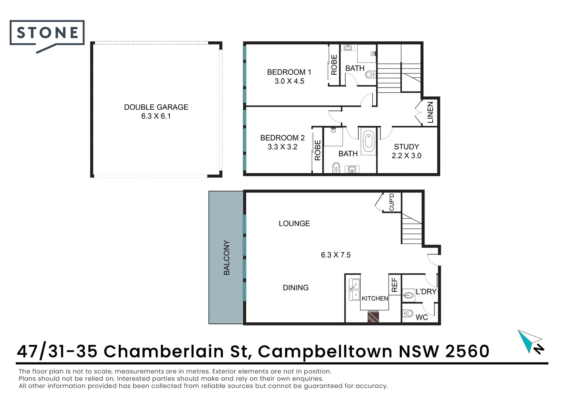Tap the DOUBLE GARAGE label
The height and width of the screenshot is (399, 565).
point(156,107)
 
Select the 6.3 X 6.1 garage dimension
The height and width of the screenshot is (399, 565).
point(156,116)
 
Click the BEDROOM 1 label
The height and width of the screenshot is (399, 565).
point(289,72)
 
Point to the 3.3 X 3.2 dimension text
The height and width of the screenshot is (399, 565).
point(282,147)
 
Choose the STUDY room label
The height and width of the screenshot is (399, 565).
point(406,147)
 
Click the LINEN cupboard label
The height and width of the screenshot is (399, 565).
point(430,112)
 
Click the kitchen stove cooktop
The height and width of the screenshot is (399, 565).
point(373,316)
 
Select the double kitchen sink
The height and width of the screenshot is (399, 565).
point(354,289)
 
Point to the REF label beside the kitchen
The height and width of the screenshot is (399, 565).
point(395,285)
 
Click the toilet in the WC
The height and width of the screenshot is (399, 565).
point(407,313)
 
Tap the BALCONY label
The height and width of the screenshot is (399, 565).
point(227,258)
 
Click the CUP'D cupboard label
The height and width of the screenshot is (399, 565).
point(392,202)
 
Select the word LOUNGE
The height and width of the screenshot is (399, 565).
point(294,223)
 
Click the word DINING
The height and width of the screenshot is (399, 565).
point(295,287)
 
